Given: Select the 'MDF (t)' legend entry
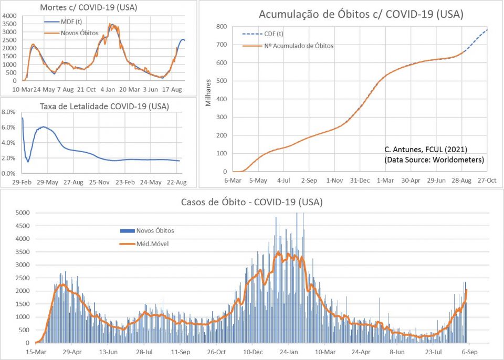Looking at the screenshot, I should point(69,22).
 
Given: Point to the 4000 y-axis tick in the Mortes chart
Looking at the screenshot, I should point(9,16).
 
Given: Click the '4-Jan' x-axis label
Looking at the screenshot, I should point(108,90).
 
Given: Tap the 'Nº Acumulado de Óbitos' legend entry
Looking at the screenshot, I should point(298,46).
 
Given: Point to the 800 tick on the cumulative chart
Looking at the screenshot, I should point(221,27).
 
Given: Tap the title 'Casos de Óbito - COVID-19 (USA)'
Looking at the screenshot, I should point(251,202).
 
